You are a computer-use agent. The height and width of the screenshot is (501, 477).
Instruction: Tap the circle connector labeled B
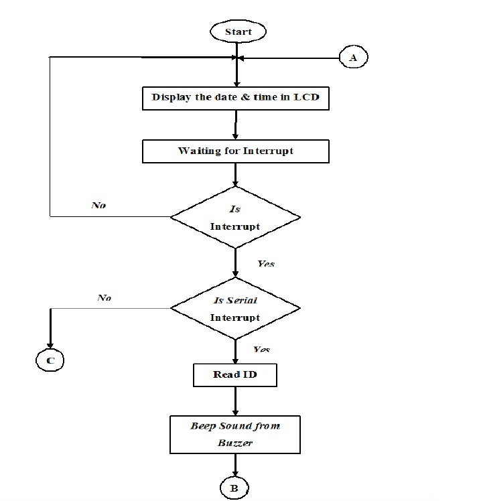(x=234, y=487)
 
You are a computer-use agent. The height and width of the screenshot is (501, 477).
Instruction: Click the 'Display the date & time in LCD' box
(x=235, y=98)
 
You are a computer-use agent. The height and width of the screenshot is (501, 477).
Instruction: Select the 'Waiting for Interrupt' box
(x=235, y=151)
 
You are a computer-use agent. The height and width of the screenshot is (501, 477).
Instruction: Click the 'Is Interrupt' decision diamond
(x=235, y=217)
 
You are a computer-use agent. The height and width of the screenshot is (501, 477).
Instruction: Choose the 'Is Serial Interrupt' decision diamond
(x=235, y=308)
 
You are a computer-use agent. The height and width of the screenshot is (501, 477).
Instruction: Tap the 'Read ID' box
(x=235, y=374)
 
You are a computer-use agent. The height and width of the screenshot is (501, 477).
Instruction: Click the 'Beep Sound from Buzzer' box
(x=235, y=435)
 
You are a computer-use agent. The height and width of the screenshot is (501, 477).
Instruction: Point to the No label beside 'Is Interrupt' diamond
(x=98, y=206)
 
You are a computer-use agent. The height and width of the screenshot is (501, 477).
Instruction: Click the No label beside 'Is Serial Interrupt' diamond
(x=104, y=297)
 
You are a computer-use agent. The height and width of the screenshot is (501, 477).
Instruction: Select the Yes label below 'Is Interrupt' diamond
(x=266, y=264)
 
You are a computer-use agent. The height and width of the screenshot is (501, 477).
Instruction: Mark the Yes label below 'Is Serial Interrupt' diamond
(x=262, y=350)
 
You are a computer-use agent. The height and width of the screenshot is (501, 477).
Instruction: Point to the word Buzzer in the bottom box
(x=234, y=443)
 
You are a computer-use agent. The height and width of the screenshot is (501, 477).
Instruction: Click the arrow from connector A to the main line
(x=288, y=58)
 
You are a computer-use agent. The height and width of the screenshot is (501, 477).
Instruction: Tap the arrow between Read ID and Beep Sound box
(x=235, y=401)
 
